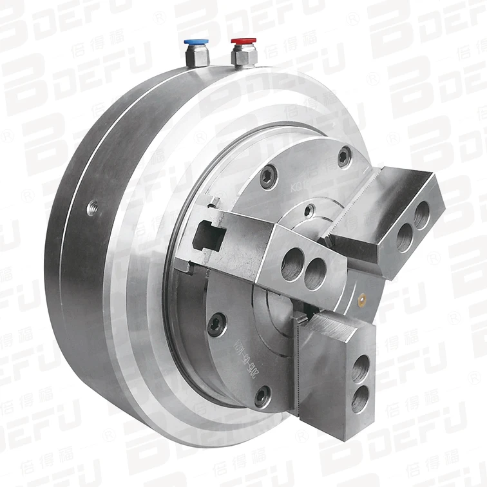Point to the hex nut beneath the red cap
(x=244, y=57)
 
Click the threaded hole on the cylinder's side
(x=90, y=207)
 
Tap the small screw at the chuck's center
(x=310, y=209)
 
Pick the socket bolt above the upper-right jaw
(x=345, y=155)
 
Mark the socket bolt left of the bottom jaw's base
(x=262, y=396)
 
